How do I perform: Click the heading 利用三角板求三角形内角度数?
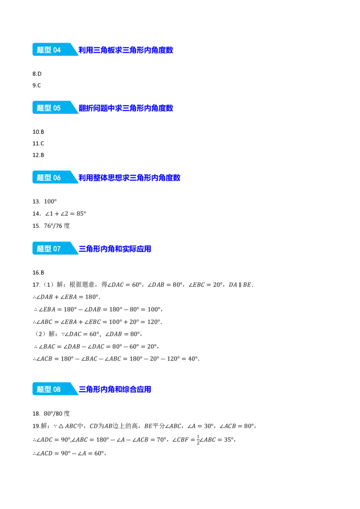point(126,50)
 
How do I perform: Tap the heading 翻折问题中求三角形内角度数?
point(126,108)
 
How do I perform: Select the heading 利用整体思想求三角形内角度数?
point(129,178)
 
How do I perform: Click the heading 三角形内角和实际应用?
point(115,249)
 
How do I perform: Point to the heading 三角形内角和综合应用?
point(115,389)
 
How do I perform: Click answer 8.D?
point(37,74)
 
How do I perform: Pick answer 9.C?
point(37,85)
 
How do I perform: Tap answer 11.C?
point(38,143)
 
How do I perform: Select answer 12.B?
point(38,155)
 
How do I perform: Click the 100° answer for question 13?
point(50,201)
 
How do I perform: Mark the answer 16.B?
point(38,272)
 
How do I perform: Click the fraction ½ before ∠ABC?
point(198,440)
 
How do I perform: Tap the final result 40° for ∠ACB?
point(193,359)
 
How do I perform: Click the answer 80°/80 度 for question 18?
point(57,414)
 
